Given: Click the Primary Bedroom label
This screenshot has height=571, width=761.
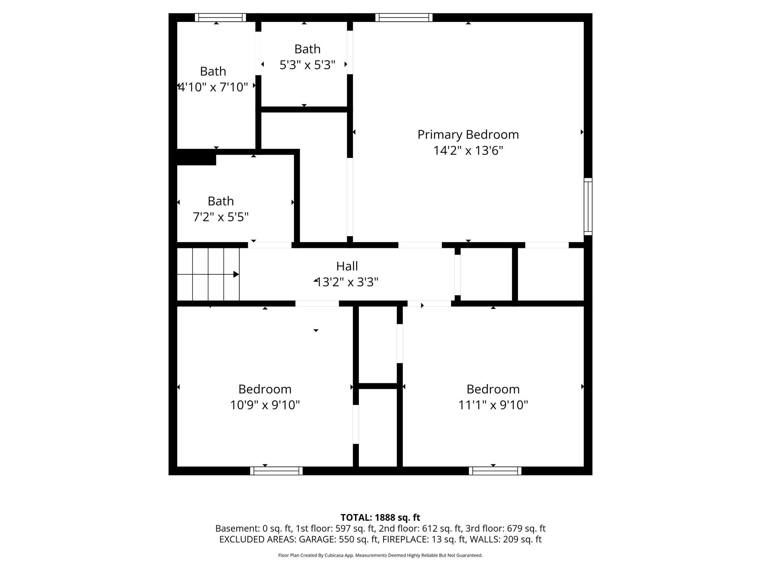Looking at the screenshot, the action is pos(468,135).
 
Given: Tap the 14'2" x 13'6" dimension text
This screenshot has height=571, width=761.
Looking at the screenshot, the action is pos(468,151).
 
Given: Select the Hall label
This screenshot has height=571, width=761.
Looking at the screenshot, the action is pos(347,266).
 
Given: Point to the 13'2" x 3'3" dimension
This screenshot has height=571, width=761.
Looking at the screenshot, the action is pos(347,283).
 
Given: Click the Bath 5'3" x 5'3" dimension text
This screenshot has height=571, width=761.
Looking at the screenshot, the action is pos(307,65).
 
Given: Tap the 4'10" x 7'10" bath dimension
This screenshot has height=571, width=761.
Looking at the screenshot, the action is pos(213,87).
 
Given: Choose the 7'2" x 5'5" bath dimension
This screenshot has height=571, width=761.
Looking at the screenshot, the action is pos(221,217).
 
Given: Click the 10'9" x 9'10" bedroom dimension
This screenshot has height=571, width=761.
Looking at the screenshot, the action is pos(265,405).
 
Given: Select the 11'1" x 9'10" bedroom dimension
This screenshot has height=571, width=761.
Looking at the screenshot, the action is pos(493,405).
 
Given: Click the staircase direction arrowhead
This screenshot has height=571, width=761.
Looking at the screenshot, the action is pos(236,274).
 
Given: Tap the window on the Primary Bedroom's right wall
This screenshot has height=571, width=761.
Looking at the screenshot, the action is pos(588,206).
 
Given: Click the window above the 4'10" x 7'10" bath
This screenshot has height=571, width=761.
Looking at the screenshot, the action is pos(220,17).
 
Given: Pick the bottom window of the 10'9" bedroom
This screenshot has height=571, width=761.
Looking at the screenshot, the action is pos(276,471).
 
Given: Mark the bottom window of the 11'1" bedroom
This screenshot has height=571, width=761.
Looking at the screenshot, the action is pos(495,471).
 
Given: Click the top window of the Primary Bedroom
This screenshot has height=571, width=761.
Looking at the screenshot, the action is pos(404,17).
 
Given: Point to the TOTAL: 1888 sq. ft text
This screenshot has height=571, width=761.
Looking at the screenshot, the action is pos(380,517).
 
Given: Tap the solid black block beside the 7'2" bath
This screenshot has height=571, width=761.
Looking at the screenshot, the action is pos(196,157).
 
